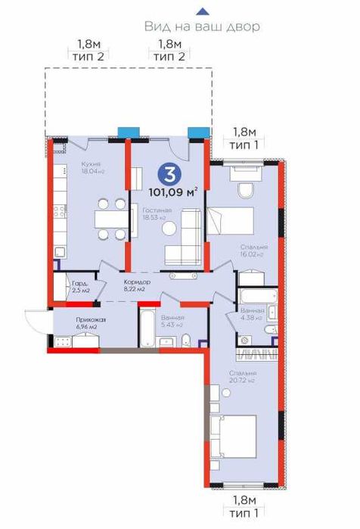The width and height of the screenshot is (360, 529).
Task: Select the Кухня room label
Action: coord(90,165)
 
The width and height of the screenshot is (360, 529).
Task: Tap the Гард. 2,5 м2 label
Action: coord(80,285)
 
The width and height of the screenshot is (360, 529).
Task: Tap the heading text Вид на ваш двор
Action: coord(202,26)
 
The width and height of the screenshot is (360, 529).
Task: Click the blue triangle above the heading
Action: coord(201,11)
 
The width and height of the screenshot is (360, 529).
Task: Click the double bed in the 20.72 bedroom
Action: coord(231,437)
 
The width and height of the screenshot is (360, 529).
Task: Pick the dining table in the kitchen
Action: coord(111,218)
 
